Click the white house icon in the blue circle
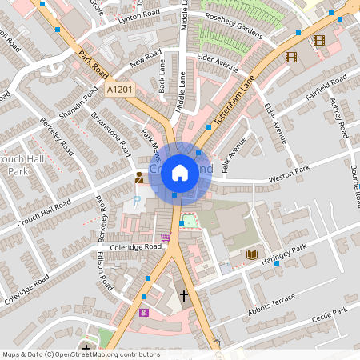pos(180,172)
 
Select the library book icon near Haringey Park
pos(251,254)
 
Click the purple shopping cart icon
pos(166,237)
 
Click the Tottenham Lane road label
pos(238,99)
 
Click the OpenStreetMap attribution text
pos(82,354)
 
